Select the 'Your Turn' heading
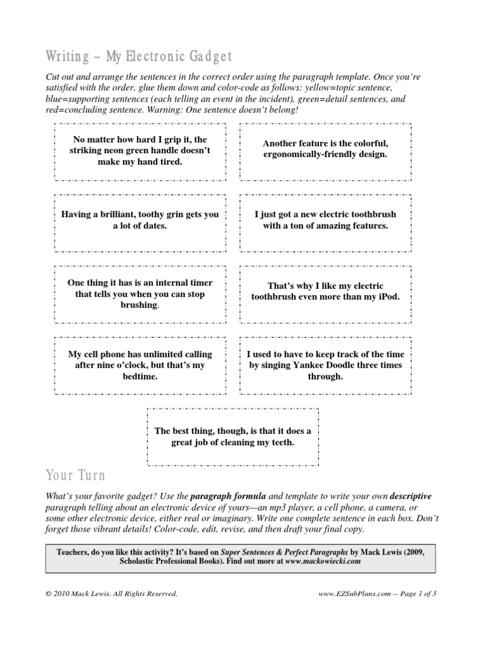tap(76, 474)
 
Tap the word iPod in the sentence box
tap(388, 297)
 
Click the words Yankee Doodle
tap(338, 365)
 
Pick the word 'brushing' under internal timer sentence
tap(138, 305)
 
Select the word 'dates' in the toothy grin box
tap(154, 225)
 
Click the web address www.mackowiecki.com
tap(323, 560)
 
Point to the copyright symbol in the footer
tap(50, 594)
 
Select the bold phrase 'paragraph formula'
tap(224, 496)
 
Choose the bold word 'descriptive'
tap(410, 496)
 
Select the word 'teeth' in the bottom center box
tap(282, 442)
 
